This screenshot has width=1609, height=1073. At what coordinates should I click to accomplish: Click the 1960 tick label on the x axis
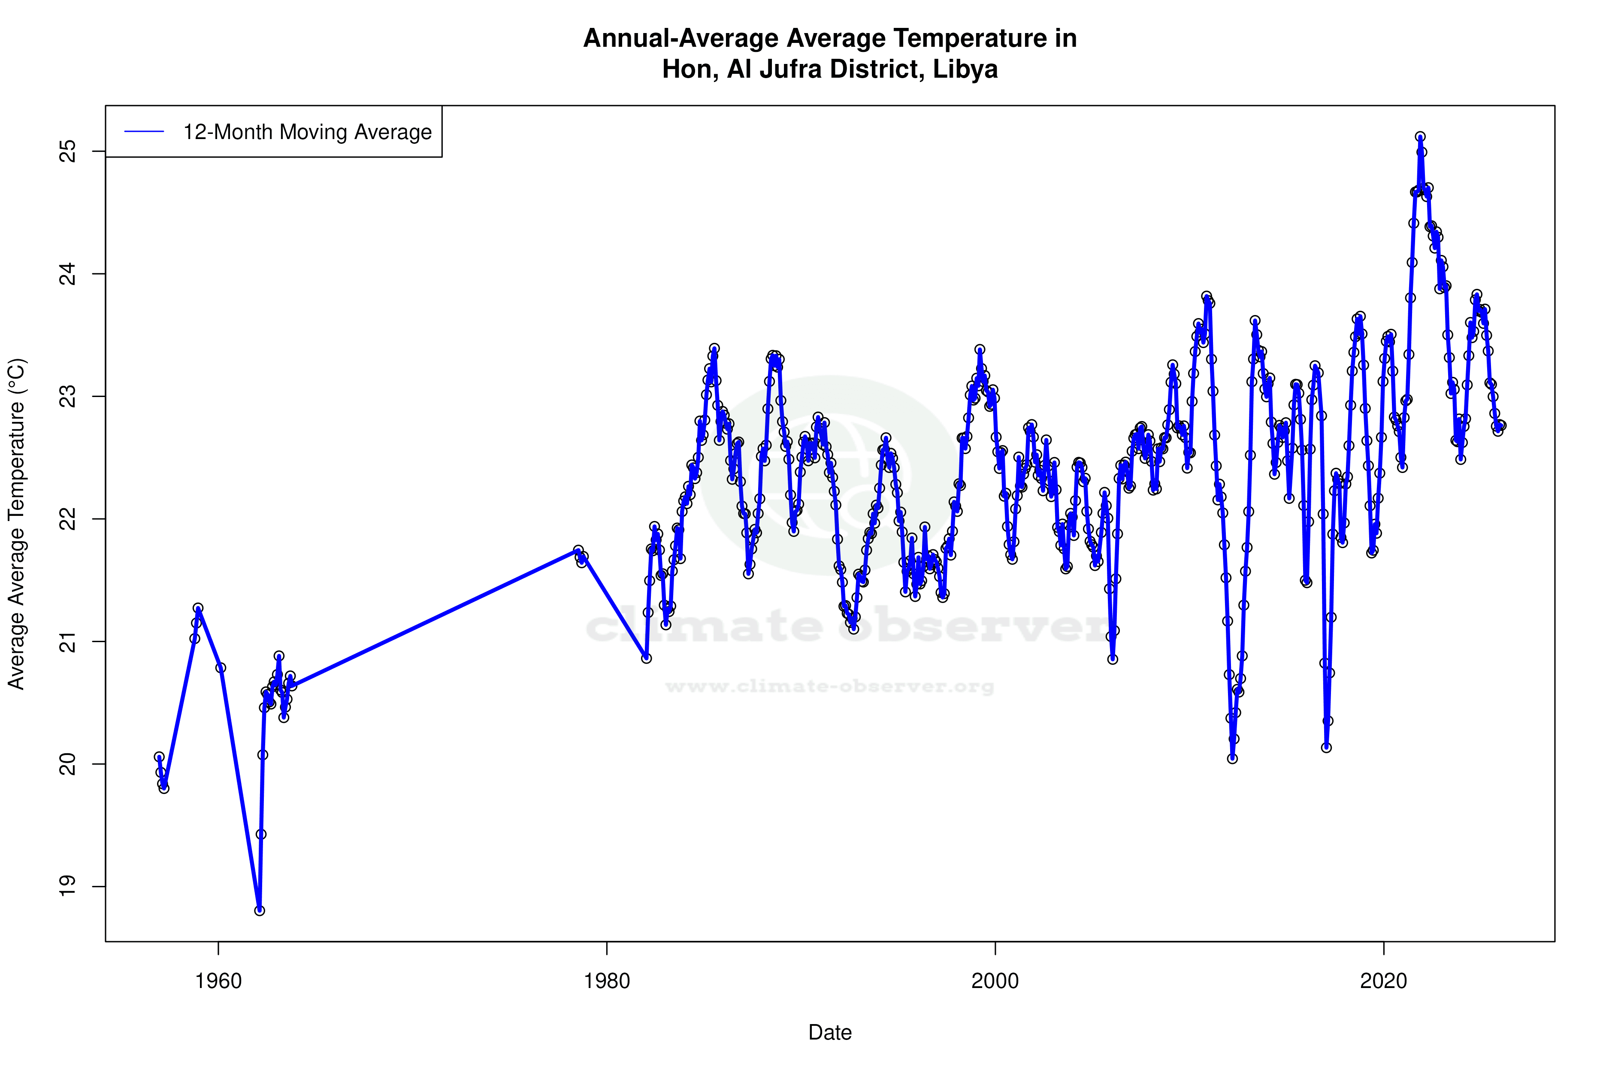218,981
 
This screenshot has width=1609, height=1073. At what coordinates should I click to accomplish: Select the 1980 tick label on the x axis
607,981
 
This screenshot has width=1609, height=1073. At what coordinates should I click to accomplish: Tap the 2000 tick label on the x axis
995,981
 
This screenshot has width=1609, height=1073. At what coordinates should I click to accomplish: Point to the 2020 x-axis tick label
1384,981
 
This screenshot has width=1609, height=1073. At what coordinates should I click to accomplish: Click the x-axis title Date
830,1033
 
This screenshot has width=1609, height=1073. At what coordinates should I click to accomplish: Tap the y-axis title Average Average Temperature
16,524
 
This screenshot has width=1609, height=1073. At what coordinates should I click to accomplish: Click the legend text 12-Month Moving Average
307,132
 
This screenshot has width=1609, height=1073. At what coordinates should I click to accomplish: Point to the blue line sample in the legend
144,132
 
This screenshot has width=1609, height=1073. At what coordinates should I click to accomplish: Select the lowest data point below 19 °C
259,911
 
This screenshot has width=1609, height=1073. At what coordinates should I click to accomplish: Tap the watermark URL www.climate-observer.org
830,686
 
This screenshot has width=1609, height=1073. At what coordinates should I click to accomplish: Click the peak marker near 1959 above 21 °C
198,608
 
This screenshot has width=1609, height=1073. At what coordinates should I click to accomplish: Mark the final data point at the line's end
1501,426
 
